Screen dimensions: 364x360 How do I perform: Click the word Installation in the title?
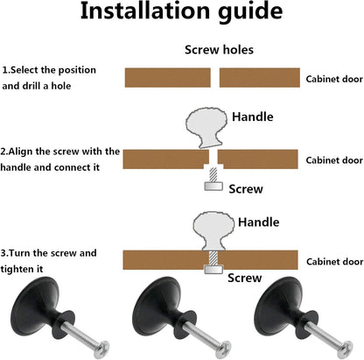pos(145,11)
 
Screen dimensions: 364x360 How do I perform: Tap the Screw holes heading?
pos(219,50)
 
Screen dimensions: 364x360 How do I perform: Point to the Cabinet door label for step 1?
pos(334,79)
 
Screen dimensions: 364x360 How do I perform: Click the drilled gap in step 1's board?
pos(215,78)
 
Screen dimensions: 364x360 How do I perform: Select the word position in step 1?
pos(77,70)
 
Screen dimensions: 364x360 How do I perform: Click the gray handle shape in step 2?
pos(206,128)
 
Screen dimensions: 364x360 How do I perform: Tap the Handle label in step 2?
pos(253,116)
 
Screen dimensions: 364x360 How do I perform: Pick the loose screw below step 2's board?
pos(213,179)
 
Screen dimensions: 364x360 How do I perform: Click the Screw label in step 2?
pos(246,189)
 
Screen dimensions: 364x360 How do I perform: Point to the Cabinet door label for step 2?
pos(334,160)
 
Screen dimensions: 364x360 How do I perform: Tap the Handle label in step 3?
pos(259,222)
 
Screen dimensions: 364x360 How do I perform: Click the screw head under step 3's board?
pos(213,269)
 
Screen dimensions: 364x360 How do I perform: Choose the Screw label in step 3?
pos(244,278)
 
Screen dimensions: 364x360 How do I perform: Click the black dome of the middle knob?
pos(152,306)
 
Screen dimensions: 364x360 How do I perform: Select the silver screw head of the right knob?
pos(346,349)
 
